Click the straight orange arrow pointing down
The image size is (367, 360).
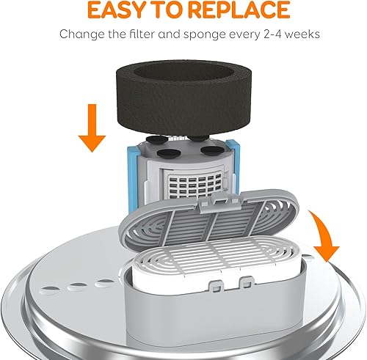click(x=92, y=128)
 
